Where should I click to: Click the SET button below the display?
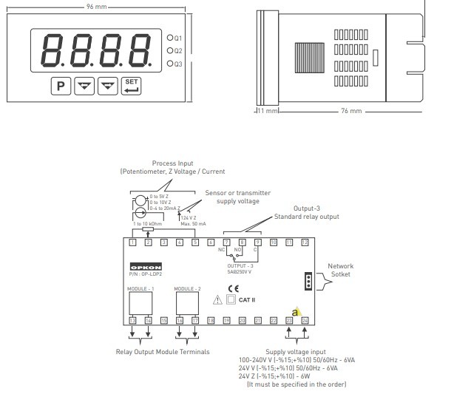point(131,85)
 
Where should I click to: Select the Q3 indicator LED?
point(169,64)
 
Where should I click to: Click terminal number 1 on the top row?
point(132,242)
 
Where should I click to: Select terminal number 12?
point(305,242)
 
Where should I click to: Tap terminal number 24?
point(305,320)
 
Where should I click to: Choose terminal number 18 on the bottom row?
point(211,320)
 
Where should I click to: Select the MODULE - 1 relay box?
point(140,302)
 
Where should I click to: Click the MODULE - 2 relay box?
point(187,302)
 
